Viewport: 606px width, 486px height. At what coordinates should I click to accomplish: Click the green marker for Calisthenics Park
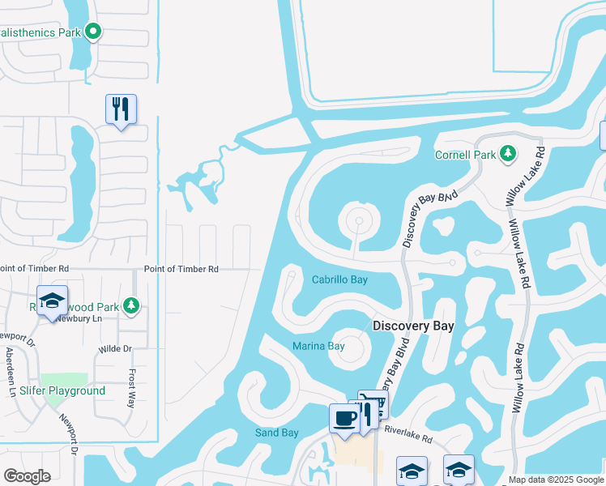click(93, 32)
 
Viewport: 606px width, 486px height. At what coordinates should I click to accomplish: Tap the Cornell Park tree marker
click(508, 153)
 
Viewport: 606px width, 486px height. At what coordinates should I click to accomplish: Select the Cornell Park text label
click(464, 154)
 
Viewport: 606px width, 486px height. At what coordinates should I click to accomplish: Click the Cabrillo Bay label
click(339, 279)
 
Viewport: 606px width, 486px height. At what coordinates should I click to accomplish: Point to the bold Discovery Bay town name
click(412, 326)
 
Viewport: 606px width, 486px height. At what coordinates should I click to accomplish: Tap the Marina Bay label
click(318, 346)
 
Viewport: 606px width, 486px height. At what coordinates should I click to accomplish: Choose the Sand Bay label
click(277, 433)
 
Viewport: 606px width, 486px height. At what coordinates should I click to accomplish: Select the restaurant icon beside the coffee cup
click(367, 412)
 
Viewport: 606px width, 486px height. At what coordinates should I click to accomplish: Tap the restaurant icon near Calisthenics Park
click(121, 109)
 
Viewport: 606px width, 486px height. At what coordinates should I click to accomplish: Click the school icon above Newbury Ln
click(53, 301)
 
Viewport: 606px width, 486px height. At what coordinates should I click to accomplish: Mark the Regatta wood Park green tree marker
click(130, 306)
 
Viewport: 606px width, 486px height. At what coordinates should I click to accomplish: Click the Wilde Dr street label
click(115, 349)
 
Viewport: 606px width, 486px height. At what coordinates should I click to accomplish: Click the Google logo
click(27, 476)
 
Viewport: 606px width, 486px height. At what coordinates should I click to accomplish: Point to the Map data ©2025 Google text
click(555, 480)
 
